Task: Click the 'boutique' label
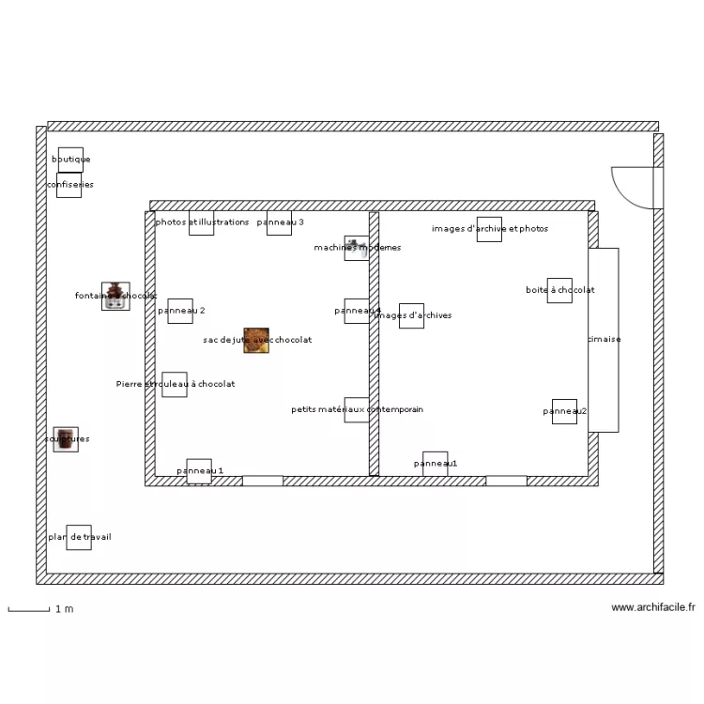(x=70, y=160)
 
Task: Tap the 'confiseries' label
(x=69, y=185)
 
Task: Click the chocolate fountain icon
(x=115, y=296)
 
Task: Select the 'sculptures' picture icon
(x=66, y=439)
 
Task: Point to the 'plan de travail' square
(x=79, y=537)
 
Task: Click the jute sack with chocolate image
(x=256, y=340)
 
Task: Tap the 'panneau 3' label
(x=280, y=222)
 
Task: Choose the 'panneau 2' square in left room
(x=180, y=311)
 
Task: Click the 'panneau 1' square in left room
(x=199, y=471)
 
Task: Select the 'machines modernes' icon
(x=356, y=247)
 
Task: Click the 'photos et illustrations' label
(x=202, y=222)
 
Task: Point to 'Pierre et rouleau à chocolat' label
(x=176, y=384)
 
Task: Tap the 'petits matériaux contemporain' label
(x=357, y=409)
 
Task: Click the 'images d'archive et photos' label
(x=490, y=228)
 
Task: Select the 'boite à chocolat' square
(x=559, y=290)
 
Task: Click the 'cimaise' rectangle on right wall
(x=604, y=340)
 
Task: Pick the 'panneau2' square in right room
(x=564, y=411)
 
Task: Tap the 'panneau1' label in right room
(x=435, y=464)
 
